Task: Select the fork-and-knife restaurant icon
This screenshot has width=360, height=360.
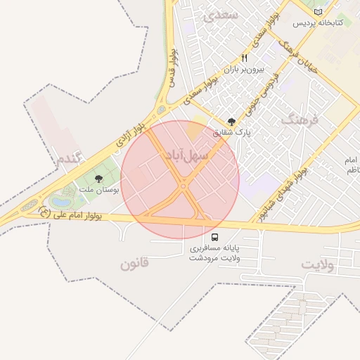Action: point(245,58)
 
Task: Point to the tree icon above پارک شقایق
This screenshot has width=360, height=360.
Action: point(233,121)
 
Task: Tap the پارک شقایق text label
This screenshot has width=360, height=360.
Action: point(232,132)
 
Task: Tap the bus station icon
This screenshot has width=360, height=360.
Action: point(214,237)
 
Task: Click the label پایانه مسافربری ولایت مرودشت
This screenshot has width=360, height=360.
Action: point(214,253)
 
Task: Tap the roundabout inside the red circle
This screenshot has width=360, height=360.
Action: point(183,186)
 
